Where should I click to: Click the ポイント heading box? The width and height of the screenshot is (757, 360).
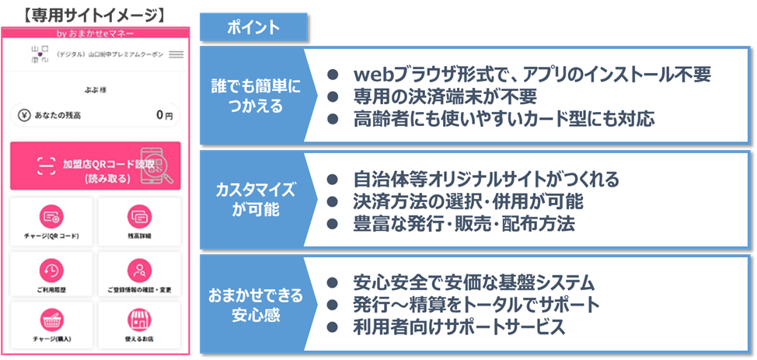pos(254,28)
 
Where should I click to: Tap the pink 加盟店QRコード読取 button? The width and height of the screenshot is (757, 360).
pos(96,166)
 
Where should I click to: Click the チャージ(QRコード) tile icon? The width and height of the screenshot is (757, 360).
pos(52,216)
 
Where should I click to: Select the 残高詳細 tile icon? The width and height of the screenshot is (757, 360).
pos(140,216)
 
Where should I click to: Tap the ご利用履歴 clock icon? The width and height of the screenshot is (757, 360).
pos(52,269)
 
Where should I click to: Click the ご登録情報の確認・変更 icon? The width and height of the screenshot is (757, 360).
pos(140,269)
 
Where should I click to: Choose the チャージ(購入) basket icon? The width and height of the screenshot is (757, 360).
pos(52,320)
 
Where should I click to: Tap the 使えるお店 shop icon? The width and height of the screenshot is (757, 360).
pos(140,320)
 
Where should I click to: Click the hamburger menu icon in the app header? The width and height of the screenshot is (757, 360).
pos(176,54)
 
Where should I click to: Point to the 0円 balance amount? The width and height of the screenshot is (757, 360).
pos(163,115)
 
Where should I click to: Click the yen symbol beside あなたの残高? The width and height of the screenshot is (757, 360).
pos(25,115)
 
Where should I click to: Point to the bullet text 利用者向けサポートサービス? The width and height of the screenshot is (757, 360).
pos(459,327)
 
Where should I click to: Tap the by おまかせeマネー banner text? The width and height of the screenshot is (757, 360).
pos(96,33)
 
